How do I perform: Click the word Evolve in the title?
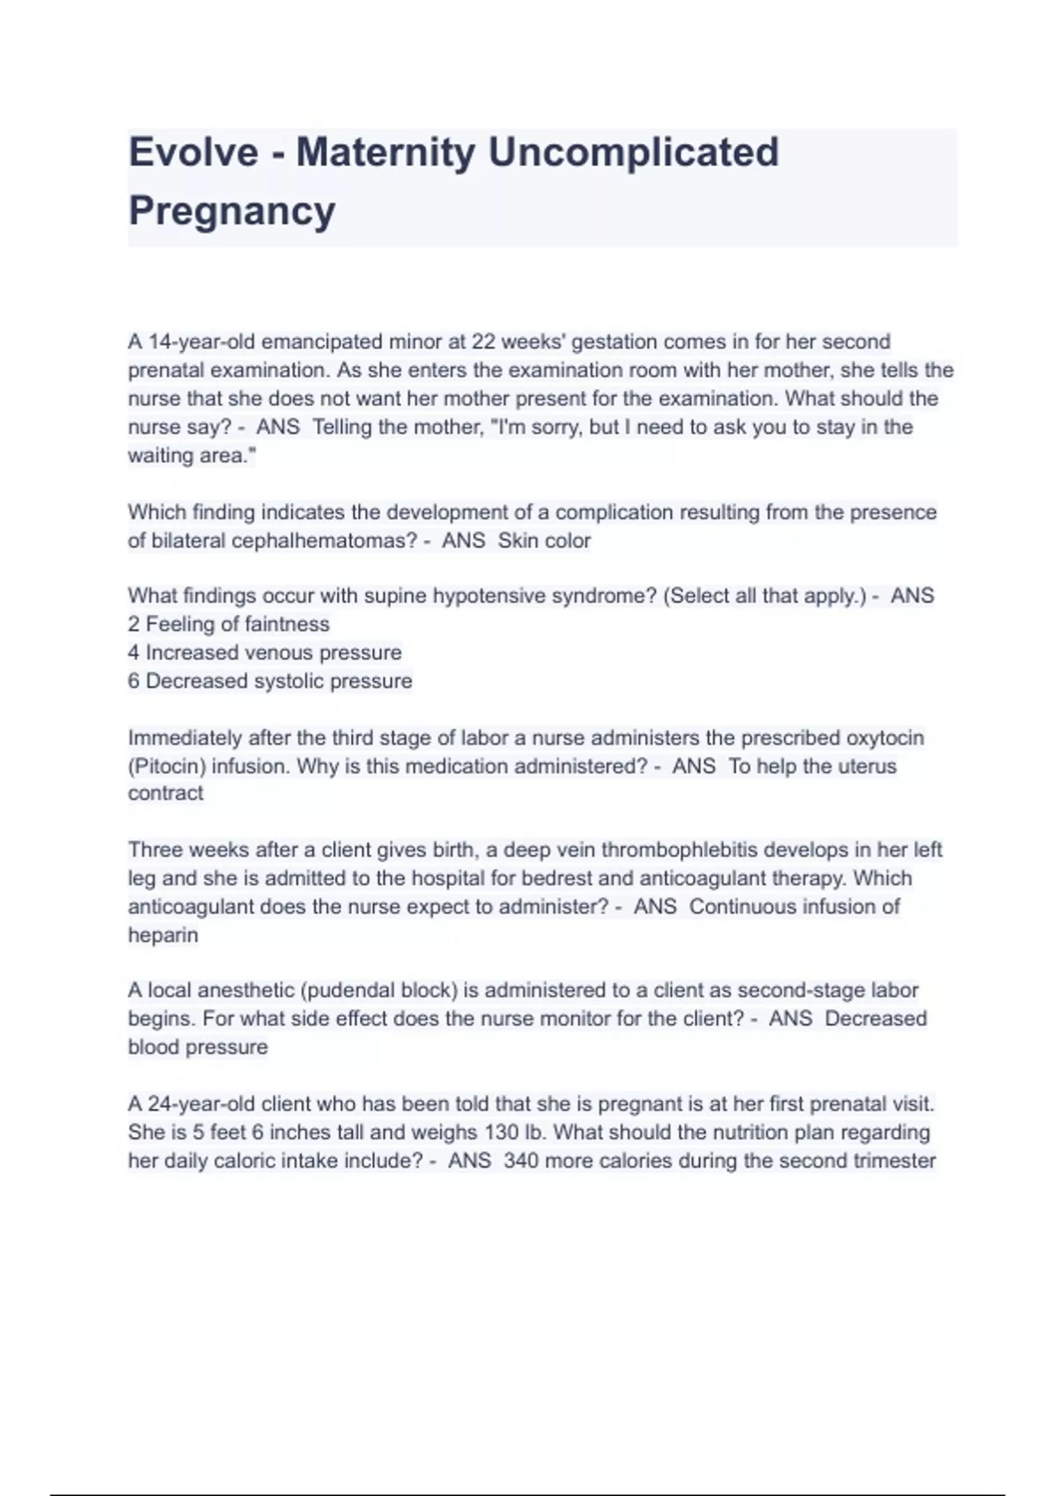click(x=194, y=152)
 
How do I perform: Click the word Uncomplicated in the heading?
click(x=633, y=152)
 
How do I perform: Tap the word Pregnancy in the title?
click(x=232, y=211)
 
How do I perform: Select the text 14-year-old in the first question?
click(x=202, y=341)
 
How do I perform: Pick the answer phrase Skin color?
click(x=544, y=540)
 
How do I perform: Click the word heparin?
click(x=163, y=935)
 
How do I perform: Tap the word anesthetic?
click(x=246, y=990)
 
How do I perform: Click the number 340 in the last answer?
click(x=521, y=1161)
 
